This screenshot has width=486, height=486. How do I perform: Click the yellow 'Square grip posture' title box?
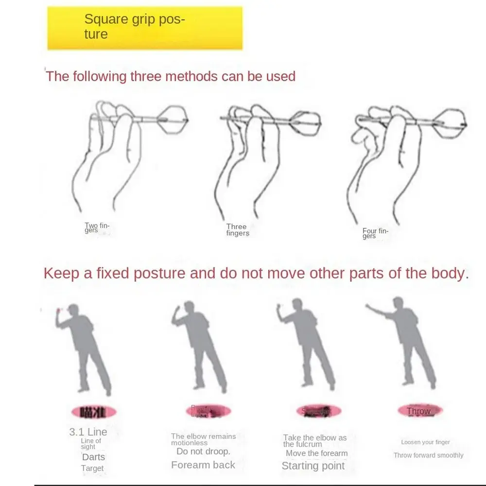(x=145, y=28)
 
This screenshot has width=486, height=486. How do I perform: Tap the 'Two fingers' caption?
(x=97, y=227)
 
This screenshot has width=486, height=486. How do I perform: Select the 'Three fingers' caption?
(x=237, y=230)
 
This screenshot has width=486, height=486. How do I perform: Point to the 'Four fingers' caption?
(x=375, y=233)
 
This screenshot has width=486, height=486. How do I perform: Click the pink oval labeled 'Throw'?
(x=419, y=411)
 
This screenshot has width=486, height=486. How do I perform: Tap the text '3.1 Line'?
(x=88, y=432)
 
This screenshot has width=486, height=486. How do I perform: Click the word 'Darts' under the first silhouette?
(x=93, y=457)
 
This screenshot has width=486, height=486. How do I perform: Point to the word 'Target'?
(x=92, y=469)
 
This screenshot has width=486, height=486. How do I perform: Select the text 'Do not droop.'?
(x=203, y=451)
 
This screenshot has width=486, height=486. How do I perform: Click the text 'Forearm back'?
(x=203, y=465)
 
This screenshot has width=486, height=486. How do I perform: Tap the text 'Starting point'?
(x=313, y=466)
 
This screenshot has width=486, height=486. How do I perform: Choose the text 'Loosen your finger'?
(x=425, y=442)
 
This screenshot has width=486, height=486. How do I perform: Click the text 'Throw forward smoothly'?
(x=428, y=455)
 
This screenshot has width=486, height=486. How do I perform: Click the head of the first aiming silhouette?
(x=74, y=310)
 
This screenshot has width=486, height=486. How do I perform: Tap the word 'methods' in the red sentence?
(x=190, y=76)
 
